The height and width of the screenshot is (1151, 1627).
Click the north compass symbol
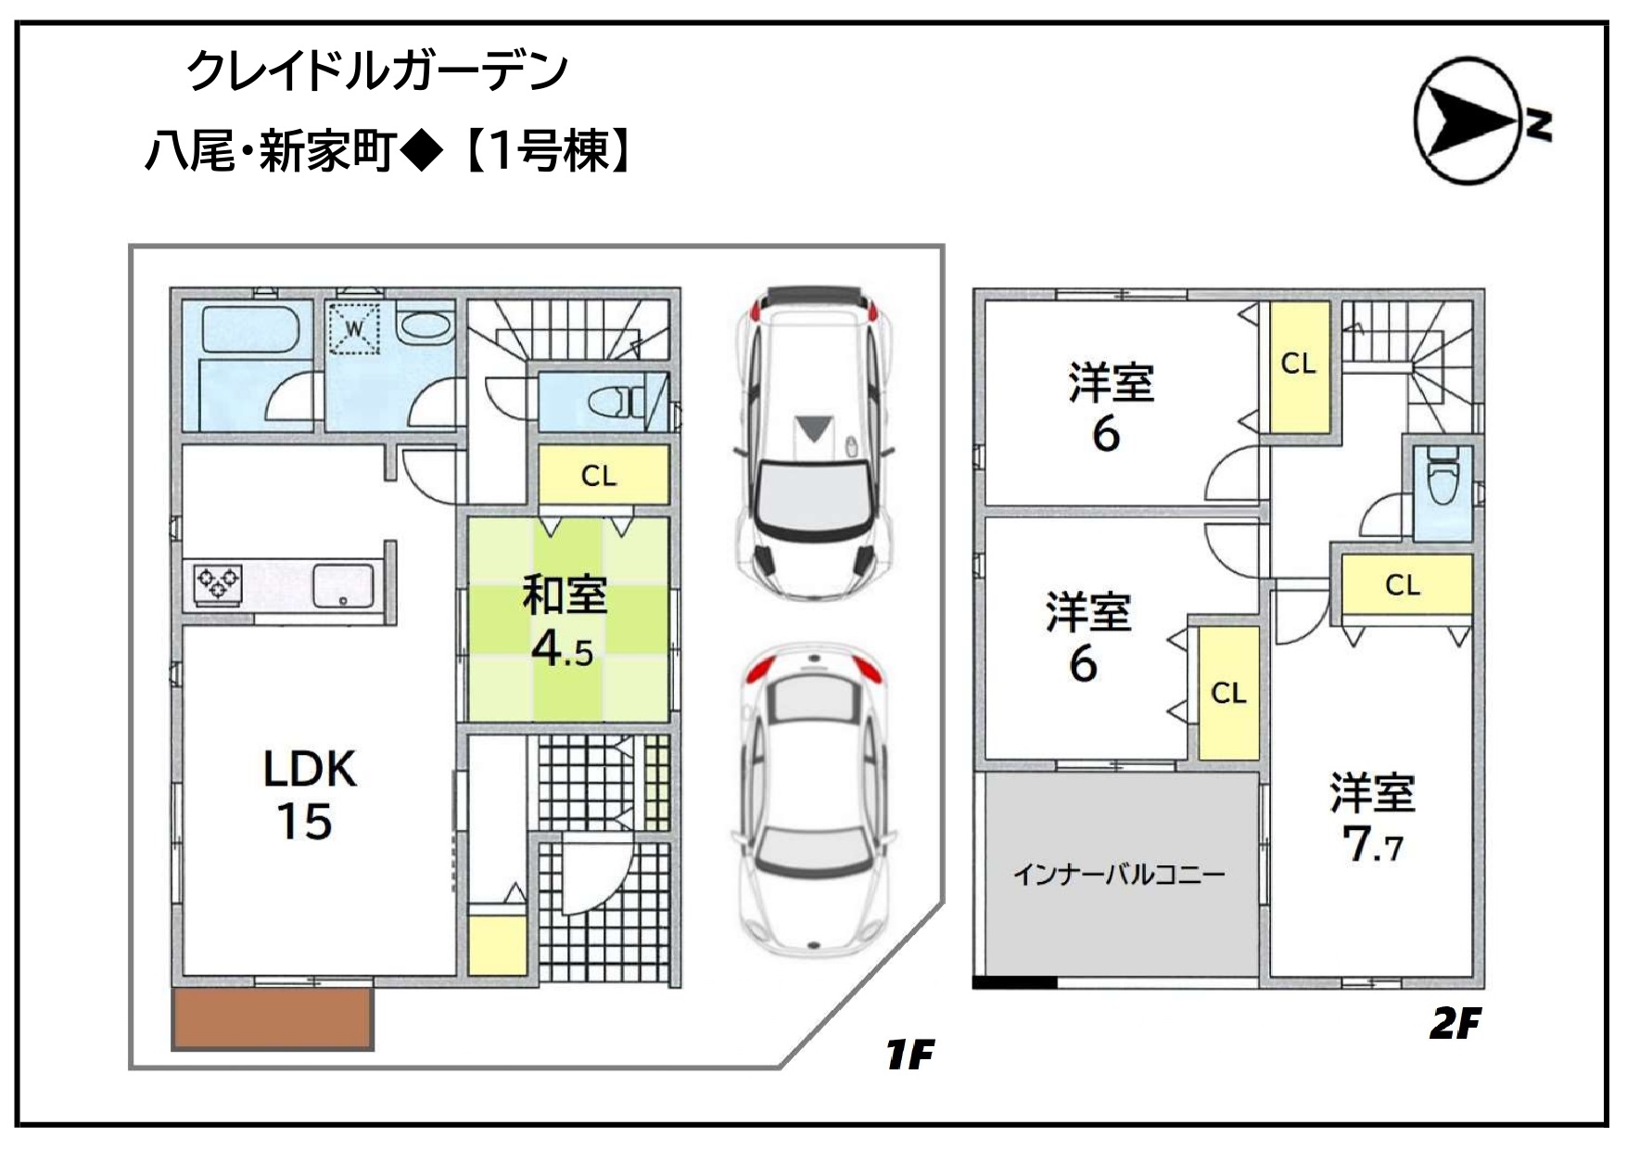[x=1480, y=121]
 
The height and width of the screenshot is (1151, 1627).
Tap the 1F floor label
[x=909, y=1055]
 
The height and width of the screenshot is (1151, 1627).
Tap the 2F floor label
[x=1455, y=1024]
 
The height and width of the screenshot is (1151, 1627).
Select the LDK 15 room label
[x=309, y=795]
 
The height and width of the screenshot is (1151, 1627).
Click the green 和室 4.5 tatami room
[x=567, y=619]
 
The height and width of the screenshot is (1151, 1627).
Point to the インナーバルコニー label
[x=1119, y=874]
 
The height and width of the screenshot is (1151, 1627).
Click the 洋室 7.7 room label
[x=1373, y=818]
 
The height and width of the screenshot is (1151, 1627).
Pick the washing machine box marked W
[x=355, y=327]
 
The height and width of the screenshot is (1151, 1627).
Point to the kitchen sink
[x=343, y=584]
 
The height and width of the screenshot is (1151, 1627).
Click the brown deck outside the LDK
[x=273, y=1018]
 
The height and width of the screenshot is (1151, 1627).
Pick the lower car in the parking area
[x=813, y=799]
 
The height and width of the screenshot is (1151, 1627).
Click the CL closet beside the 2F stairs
[x=1299, y=365]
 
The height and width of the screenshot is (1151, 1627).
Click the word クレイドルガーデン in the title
[x=377, y=70]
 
